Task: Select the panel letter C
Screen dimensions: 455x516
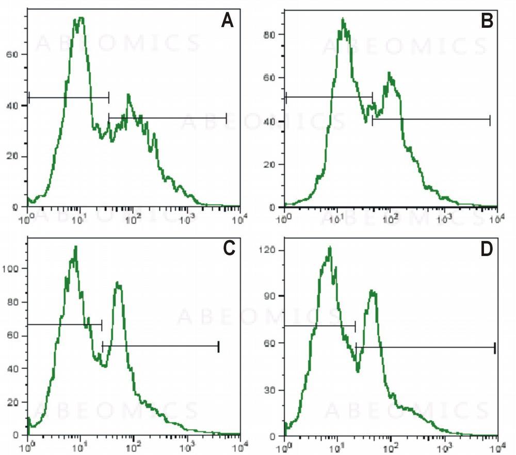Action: (x=228, y=248)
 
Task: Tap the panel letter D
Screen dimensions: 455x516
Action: (x=486, y=248)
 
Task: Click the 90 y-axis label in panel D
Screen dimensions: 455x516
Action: (x=271, y=296)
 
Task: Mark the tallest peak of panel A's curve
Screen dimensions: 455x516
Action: (x=78, y=19)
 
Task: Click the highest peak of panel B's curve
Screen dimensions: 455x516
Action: (x=343, y=20)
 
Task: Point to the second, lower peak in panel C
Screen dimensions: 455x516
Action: (x=118, y=283)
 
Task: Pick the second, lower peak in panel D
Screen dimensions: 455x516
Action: (x=373, y=292)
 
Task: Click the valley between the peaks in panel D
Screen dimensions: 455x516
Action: (x=358, y=370)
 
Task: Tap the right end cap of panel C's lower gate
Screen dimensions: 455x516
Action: (x=219, y=347)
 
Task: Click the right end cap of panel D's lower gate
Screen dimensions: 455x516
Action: (x=494, y=348)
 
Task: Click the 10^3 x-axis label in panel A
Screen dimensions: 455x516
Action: (x=186, y=218)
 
